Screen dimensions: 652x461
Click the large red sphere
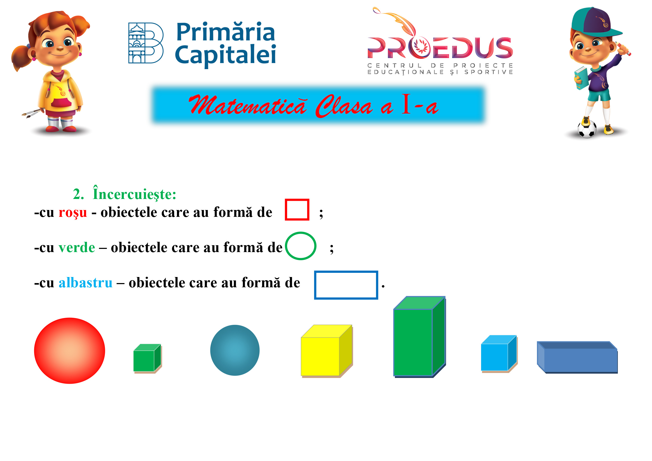70,351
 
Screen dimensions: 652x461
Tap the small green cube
147,358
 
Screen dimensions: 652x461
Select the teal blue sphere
235,350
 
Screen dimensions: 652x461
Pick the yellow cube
327,351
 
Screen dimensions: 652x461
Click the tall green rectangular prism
419,337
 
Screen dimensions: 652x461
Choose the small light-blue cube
499,354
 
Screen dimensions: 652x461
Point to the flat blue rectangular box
577,357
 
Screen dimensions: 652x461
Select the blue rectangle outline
346,272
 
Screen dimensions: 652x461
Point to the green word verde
77,248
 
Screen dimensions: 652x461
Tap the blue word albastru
85,283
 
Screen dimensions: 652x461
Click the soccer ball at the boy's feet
587,129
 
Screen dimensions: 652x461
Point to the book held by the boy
581,78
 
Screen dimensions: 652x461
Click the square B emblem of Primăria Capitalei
146,43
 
